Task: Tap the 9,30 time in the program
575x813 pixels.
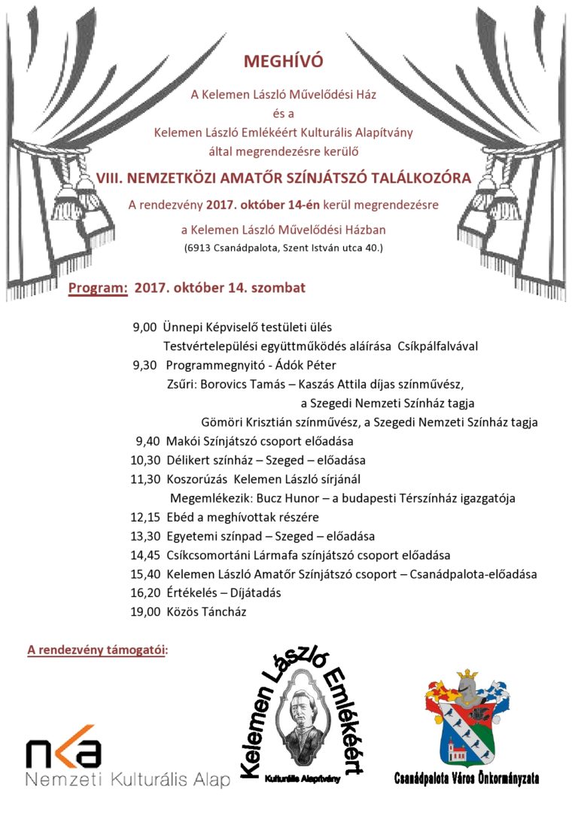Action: [145, 365]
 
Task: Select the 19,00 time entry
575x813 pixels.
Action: [145, 612]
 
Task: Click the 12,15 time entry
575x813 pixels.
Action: [145, 517]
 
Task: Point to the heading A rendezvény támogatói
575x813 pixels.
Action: [98, 649]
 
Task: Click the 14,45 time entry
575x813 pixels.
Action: [145, 556]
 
